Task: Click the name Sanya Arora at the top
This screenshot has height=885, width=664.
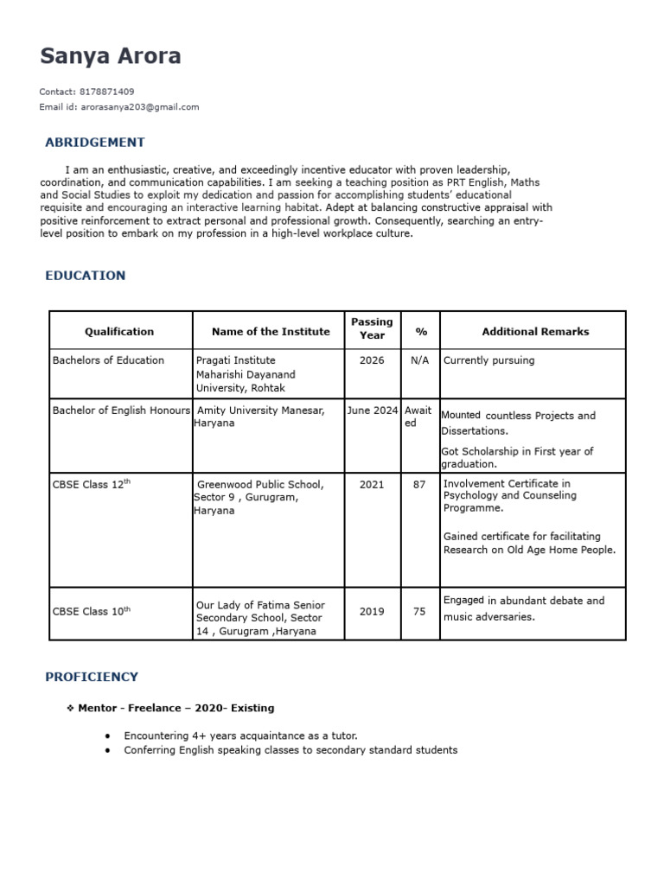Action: [111, 57]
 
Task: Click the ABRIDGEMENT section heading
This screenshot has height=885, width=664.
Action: [94, 143]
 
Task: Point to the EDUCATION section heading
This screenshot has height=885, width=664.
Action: [85, 276]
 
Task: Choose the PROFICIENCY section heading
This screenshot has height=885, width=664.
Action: [91, 677]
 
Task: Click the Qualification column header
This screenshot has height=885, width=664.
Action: [119, 331]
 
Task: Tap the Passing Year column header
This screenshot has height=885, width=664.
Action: [372, 328]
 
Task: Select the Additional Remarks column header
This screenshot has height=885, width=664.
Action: [535, 331]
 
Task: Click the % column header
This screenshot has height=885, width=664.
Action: [421, 332]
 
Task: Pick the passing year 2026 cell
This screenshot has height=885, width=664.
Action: [372, 360]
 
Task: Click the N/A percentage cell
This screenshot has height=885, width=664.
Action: [420, 360]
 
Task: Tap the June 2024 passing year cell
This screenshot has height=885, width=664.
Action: [373, 411]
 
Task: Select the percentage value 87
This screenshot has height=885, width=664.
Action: [420, 485]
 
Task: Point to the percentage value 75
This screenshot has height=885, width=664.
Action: [420, 611]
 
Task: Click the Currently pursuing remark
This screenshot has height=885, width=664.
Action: [488, 360]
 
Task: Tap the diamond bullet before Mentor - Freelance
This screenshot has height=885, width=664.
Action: [70, 708]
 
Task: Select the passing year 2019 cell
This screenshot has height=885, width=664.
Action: [372, 611]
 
